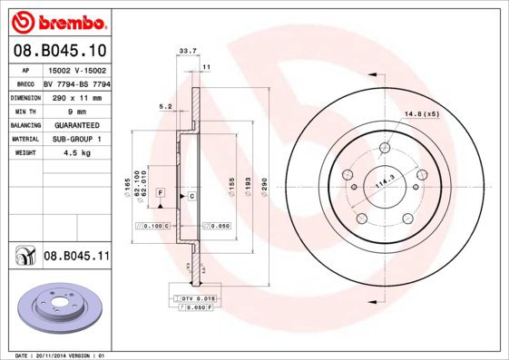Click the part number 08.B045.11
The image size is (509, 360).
coord(76,258)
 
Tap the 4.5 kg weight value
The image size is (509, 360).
coord(76,153)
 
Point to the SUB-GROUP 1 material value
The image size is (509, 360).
coord(76,139)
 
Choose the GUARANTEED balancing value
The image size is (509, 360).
coord(76,124)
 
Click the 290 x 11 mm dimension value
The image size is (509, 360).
coord(76,95)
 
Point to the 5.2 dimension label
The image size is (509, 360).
coord(164,106)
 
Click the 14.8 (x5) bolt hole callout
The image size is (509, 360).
coord(422,113)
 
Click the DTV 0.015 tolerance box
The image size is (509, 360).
coord(194,298)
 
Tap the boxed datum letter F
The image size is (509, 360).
coord(161,193)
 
